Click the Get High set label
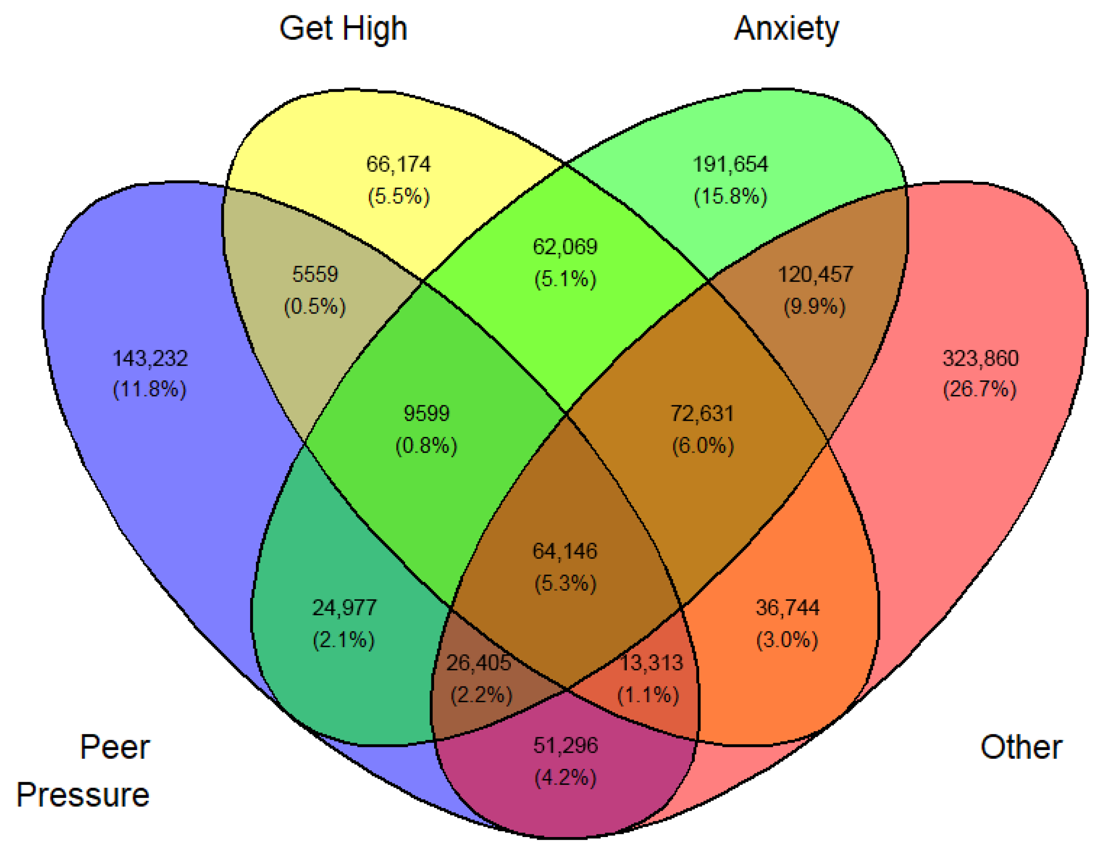coord(343,29)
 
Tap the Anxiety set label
coord(786,29)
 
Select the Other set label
coord(1021,747)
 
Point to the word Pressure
coord(83,794)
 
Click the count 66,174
coord(399,164)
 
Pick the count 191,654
coord(730,164)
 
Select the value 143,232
coord(150,358)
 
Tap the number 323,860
coord(980,358)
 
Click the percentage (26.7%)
coord(980,390)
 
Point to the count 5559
coord(315,274)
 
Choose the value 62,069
coord(565,247)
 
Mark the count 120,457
coord(815,274)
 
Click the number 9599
coord(427,413)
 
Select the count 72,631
coord(702,413)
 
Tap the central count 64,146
coord(565,551)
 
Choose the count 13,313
coord(652,663)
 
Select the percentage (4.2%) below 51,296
coord(566,777)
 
